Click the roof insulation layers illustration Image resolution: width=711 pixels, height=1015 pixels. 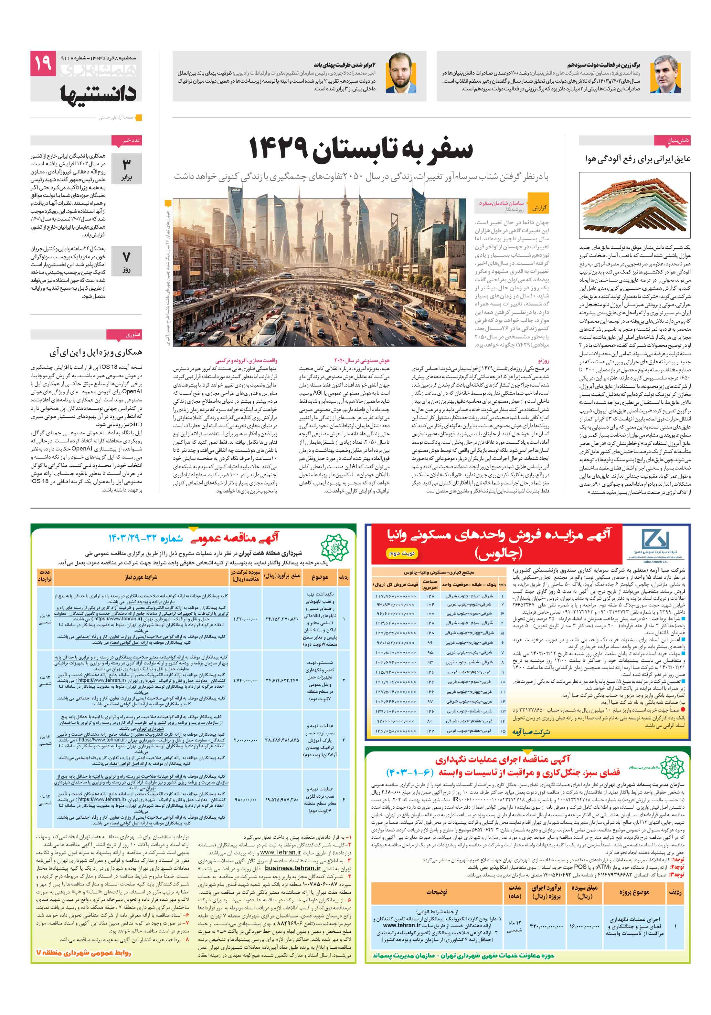(x=634, y=205)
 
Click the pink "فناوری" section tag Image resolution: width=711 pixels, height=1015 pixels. (x=132, y=335)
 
